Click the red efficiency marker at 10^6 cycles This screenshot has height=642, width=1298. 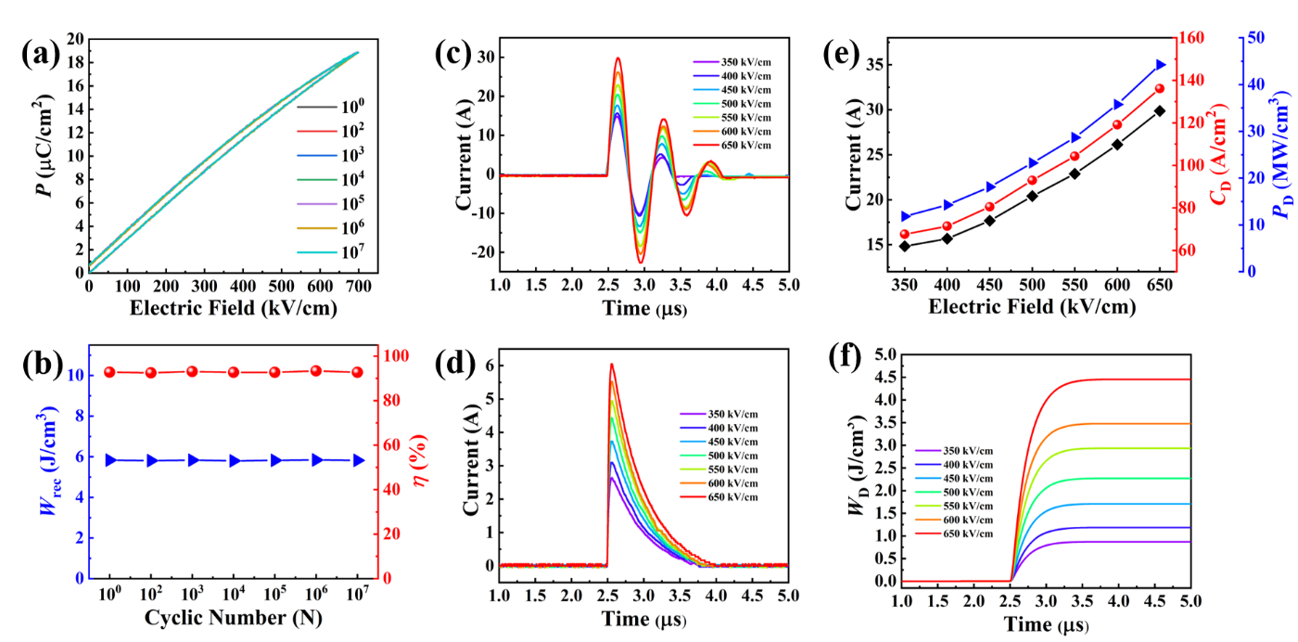coord(316,370)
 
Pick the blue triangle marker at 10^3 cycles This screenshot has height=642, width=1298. coord(193,459)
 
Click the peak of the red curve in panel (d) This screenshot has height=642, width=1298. coord(611,364)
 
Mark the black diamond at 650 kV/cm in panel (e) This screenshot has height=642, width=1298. coord(1160,110)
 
